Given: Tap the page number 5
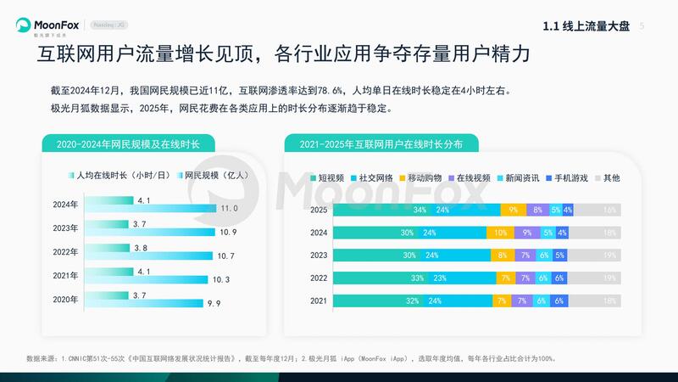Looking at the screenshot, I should coord(642,26).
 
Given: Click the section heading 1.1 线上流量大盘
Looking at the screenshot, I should coord(586,26).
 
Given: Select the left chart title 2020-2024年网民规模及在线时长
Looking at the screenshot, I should coord(127,145).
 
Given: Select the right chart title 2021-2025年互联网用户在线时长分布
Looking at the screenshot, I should coord(381,145).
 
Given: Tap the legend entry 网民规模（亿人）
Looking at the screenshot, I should coord(209,176).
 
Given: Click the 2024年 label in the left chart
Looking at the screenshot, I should coord(65,204).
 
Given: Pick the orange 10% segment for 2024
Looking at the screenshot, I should coord(501,232).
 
